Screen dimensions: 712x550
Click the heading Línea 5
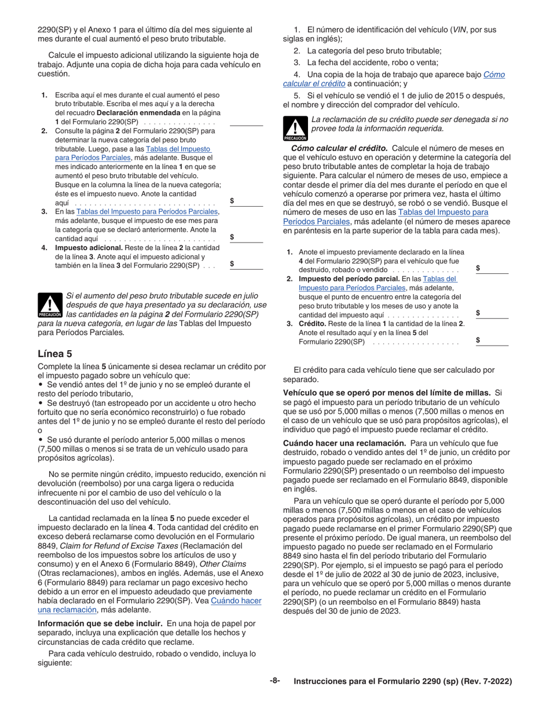tap(55, 353)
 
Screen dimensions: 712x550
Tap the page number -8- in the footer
tap(274, 681)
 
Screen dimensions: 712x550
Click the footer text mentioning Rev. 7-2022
tap(402, 682)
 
